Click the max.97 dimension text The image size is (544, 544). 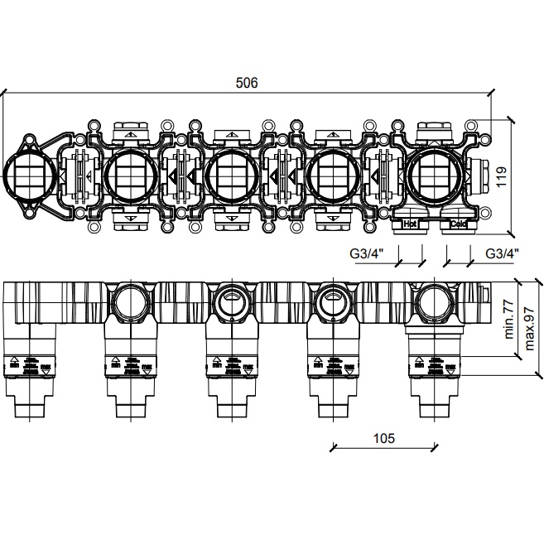[530, 325]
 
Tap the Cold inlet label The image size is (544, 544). [458, 224]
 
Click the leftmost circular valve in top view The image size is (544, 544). [29, 174]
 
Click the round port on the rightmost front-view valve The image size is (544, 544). [434, 303]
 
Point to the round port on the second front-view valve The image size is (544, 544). [129, 303]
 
